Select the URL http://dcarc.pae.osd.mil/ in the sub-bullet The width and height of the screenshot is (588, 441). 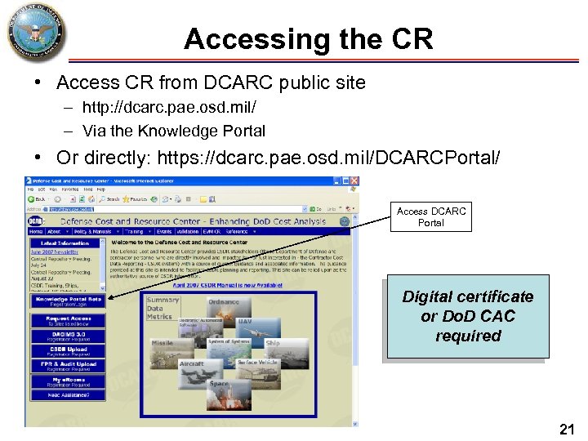(163, 108)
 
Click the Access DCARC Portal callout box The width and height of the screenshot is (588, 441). (430, 216)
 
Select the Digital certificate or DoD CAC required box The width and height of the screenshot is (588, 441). (467, 316)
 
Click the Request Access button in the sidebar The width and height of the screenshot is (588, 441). (68, 321)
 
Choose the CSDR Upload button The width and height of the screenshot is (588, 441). (68, 352)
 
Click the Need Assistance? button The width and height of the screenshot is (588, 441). (68, 396)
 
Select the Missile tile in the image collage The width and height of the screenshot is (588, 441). (163, 344)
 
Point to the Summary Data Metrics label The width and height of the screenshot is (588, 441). (160, 308)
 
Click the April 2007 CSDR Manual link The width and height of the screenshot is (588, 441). (233, 285)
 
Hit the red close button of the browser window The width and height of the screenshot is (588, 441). (353, 180)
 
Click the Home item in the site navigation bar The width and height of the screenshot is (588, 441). (38, 231)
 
